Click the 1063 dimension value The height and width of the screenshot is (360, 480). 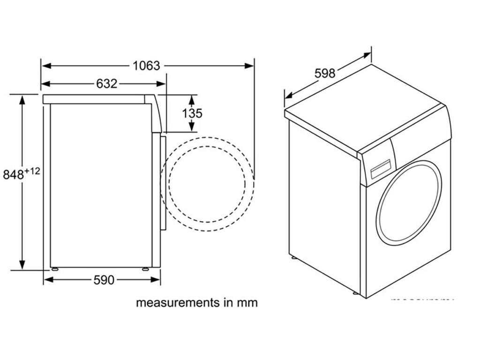click(x=146, y=66)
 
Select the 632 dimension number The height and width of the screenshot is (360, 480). click(x=106, y=84)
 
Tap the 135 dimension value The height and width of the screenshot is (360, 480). click(x=192, y=113)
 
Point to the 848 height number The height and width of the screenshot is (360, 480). click(x=13, y=175)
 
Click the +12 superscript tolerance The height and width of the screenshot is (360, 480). click(x=32, y=171)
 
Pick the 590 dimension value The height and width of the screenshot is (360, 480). click(x=104, y=280)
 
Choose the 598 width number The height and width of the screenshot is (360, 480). click(x=325, y=74)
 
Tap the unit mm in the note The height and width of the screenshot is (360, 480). click(x=247, y=303)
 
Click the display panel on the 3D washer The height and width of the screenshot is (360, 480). click(x=381, y=169)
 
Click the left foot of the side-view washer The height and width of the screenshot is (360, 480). click(x=55, y=269)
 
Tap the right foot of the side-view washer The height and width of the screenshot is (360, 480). click(x=145, y=269)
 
